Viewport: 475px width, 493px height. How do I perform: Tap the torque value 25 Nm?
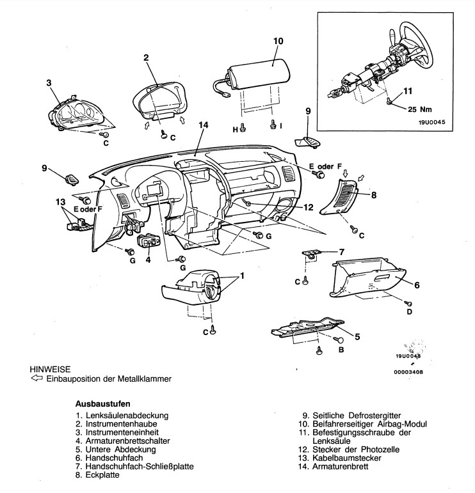click(x=420, y=109)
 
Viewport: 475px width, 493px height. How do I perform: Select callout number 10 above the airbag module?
click(x=278, y=41)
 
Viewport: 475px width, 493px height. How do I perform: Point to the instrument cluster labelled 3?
click(x=76, y=113)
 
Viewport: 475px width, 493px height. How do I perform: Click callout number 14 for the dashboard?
click(x=204, y=125)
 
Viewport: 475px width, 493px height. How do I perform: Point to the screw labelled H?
click(x=243, y=127)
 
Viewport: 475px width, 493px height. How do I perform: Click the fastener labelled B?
click(x=339, y=340)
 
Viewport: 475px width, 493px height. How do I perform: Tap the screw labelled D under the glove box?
click(x=409, y=303)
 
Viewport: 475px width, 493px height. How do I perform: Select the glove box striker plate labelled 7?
click(x=311, y=253)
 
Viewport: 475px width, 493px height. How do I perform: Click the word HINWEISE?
click(x=50, y=369)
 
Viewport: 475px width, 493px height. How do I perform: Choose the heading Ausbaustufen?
click(x=102, y=403)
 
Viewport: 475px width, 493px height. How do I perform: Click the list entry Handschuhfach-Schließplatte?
click(x=140, y=466)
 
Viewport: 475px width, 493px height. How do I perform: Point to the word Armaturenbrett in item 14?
click(x=341, y=466)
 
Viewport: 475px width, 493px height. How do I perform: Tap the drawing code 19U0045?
click(x=432, y=122)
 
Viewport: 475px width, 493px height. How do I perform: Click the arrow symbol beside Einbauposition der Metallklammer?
click(x=36, y=378)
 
